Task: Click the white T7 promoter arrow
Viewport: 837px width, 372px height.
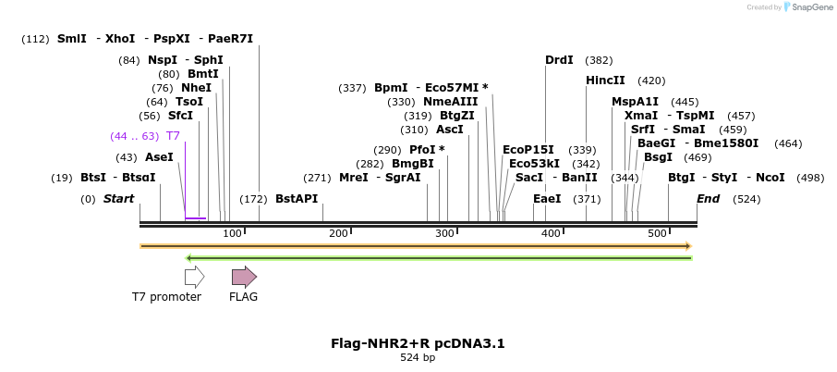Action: [194, 277]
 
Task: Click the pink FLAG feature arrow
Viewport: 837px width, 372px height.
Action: [244, 277]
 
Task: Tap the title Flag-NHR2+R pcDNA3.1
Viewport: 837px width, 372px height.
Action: [418, 343]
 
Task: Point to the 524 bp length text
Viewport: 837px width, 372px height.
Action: [418, 357]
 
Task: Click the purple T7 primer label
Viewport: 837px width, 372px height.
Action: [173, 136]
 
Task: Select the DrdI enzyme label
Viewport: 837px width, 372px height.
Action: [559, 60]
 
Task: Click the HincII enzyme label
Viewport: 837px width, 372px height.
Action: [605, 81]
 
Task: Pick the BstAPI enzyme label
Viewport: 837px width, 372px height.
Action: [296, 199]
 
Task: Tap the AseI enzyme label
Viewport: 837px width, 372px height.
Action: [159, 157]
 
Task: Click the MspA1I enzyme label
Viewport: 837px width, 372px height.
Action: [635, 102]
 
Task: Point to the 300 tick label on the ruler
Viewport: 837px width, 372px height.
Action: [445, 233]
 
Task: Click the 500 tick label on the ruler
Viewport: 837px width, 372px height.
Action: [658, 233]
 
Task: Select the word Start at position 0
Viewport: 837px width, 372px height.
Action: [118, 199]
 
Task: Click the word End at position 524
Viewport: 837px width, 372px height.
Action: [708, 199]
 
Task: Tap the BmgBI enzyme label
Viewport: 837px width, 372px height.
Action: [413, 164]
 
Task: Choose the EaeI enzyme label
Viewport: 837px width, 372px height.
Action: [547, 199]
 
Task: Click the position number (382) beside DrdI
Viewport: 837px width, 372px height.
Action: [599, 60]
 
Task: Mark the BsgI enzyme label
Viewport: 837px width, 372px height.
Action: [658, 157]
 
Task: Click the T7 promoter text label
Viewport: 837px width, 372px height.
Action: [166, 297]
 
